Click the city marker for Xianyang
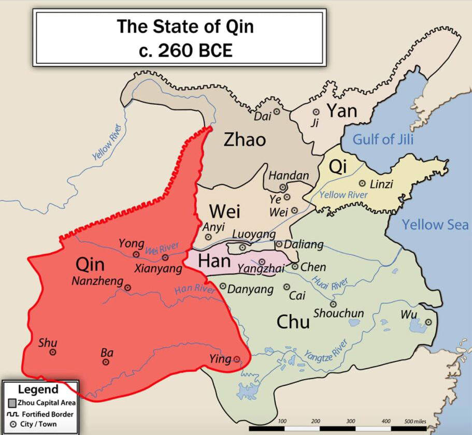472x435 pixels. pyautogui.click(x=165, y=257)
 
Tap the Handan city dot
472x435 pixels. pyautogui.click(x=283, y=187)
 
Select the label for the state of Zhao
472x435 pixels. pyautogui.click(x=245, y=139)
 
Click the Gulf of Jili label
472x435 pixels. pyautogui.click(x=383, y=139)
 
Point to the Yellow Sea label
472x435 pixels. pyautogui.click(x=435, y=224)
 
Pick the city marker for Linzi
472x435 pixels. pyautogui.click(x=362, y=183)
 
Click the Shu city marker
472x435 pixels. pyautogui.click(x=52, y=352)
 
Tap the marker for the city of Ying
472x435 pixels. pyautogui.click(x=237, y=359)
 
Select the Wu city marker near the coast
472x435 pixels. pyautogui.click(x=428, y=323)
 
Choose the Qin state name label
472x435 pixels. pyautogui.click(x=90, y=265)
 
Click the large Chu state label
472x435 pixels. pyautogui.click(x=293, y=322)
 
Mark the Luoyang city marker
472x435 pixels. pyautogui.click(x=242, y=248)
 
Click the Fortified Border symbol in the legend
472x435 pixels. pyautogui.click(x=12, y=414)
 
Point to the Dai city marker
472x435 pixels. pyautogui.click(x=277, y=111)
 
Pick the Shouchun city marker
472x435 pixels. pyautogui.click(x=333, y=304)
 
